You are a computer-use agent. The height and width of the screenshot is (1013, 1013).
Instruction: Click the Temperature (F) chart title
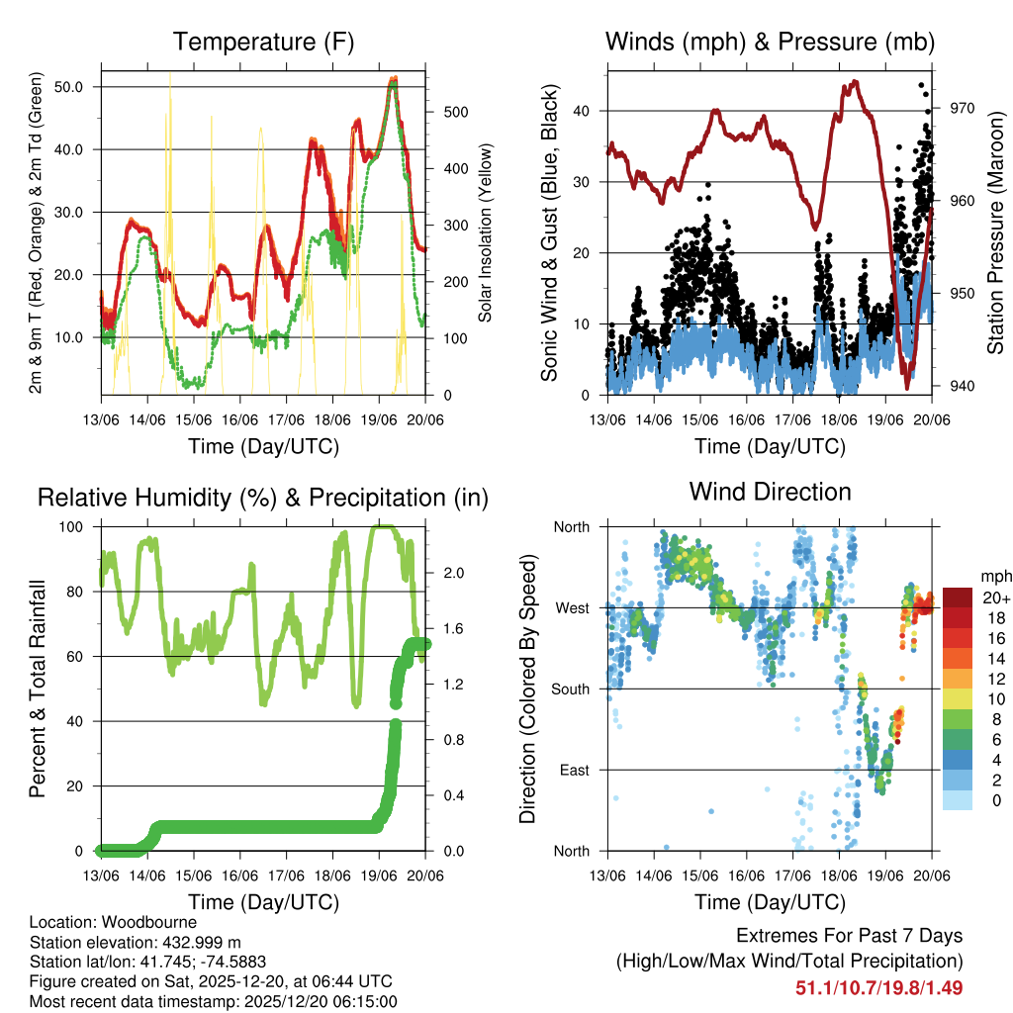(x=263, y=42)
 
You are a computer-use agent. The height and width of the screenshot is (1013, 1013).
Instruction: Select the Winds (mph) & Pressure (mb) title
(x=770, y=42)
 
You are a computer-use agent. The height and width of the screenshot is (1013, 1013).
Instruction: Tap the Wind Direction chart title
(x=770, y=491)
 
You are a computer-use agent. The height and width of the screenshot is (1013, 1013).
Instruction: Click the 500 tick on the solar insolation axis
(x=445, y=112)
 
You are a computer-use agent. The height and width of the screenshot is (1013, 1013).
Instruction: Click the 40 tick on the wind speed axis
(x=591, y=111)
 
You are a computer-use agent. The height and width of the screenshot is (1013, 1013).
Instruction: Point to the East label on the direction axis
(x=573, y=770)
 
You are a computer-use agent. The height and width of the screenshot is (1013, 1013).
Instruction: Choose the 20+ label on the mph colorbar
(x=994, y=598)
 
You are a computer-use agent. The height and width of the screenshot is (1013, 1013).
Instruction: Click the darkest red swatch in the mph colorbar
(x=958, y=597)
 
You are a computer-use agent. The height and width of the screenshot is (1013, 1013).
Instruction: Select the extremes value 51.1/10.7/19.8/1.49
(x=878, y=987)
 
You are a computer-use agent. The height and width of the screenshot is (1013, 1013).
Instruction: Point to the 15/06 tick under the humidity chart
(x=194, y=875)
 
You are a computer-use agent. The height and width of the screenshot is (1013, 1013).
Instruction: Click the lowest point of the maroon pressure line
(x=906, y=387)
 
